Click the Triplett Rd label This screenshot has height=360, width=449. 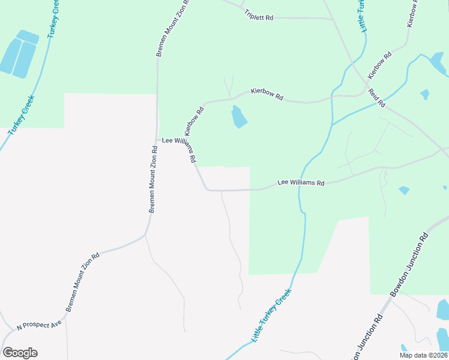(x=259, y=17)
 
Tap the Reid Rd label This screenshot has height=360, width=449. (x=376, y=97)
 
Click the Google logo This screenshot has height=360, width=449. (x=20, y=353)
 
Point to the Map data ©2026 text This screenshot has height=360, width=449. (x=423, y=355)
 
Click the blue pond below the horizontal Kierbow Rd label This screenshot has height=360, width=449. (x=239, y=116)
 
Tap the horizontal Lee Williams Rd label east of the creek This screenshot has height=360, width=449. (x=300, y=182)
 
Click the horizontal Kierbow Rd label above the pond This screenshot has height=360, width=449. (x=267, y=95)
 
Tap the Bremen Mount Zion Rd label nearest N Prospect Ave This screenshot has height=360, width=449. (x=83, y=282)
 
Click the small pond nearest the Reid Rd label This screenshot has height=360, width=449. (x=425, y=94)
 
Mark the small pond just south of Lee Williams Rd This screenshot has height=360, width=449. (x=404, y=190)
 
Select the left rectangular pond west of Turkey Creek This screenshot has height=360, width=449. (x=10, y=56)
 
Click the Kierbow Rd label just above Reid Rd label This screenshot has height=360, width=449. (x=379, y=65)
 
